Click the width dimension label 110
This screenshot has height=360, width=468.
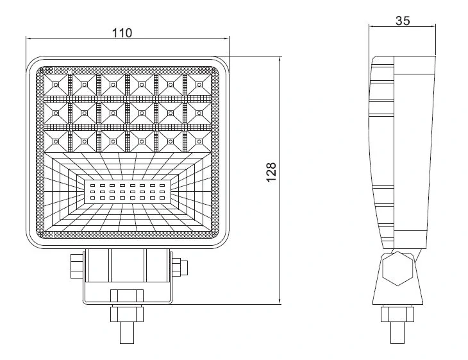(122, 33)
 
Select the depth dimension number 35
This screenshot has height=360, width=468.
(403, 20)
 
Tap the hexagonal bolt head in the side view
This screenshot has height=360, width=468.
(397, 269)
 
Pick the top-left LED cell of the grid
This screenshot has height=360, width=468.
(56, 82)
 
